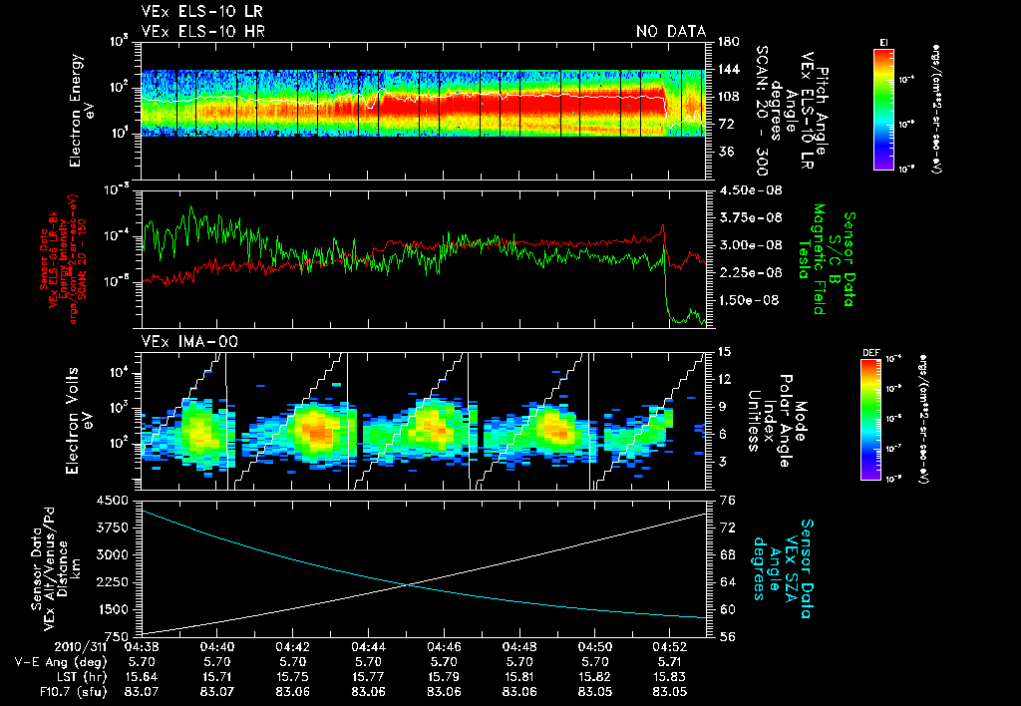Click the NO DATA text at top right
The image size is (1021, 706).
[x=671, y=32]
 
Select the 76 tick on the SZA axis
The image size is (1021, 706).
[x=728, y=500]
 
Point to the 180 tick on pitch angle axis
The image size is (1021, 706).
[x=727, y=41]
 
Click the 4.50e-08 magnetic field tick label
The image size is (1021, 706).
[x=742, y=190]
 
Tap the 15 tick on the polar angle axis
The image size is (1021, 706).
[x=724, y=351]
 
